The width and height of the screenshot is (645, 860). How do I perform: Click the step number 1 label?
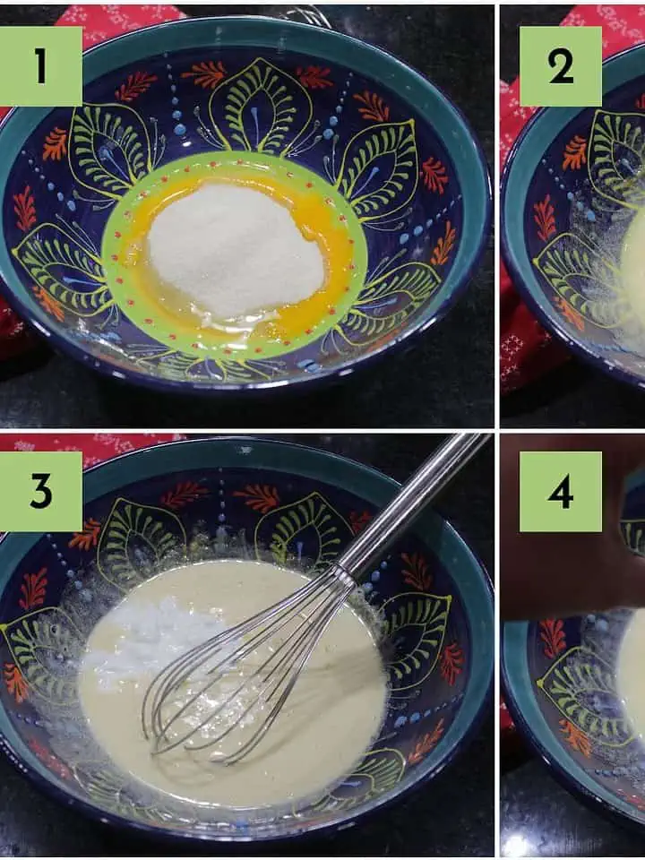40,66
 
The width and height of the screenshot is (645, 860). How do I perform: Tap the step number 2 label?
560,66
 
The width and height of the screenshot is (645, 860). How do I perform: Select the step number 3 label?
40,492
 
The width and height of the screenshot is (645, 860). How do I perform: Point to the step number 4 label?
560,492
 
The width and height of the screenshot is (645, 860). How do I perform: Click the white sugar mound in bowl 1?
236,251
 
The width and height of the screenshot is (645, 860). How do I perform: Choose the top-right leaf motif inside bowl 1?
378,165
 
